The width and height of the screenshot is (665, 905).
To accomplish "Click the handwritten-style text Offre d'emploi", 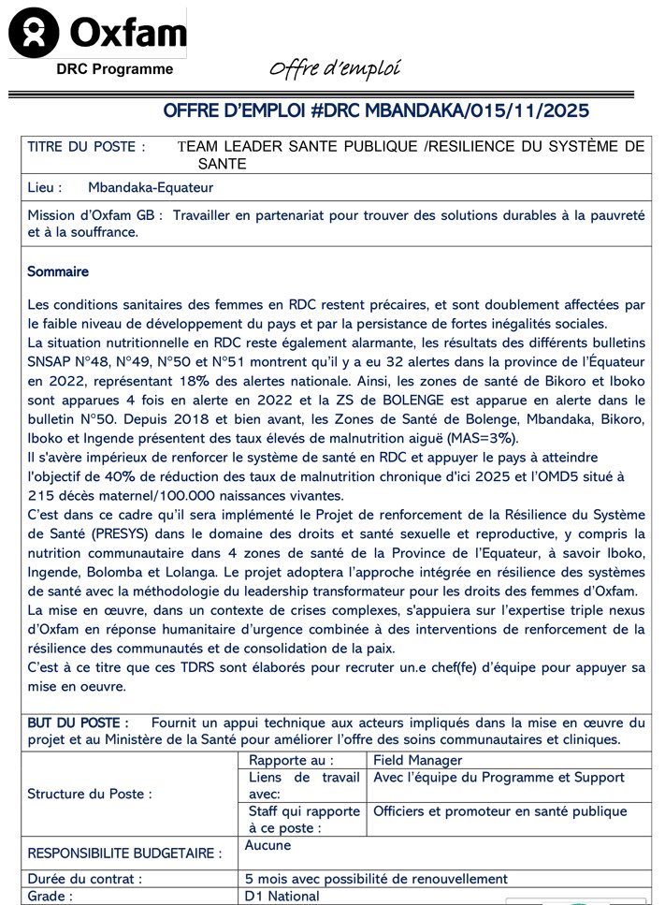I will pos(334,68).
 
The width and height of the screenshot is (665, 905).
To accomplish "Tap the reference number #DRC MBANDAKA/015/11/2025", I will pos(449,111).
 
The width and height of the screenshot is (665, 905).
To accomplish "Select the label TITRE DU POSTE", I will pos(86,147).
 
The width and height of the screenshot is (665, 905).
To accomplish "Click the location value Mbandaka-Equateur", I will pos(151,187).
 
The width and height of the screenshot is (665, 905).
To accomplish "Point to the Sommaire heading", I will pos(58,271).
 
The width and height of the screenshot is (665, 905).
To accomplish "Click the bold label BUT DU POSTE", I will pos(78,723).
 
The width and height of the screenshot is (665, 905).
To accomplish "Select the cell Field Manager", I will pos(417,761).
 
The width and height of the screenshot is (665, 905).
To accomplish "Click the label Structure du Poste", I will pos(90,794).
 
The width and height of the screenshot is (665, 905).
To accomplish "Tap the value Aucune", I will pos(267,845).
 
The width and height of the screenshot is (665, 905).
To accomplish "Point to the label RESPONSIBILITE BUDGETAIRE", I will pos(124,854).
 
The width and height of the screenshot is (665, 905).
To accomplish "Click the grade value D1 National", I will pos(282,897).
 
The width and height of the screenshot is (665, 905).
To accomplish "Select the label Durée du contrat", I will pos(85,879).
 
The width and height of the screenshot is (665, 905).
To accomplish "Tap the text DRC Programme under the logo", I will pos(114,68).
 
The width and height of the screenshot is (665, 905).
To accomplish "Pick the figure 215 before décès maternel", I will pos(42,495).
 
